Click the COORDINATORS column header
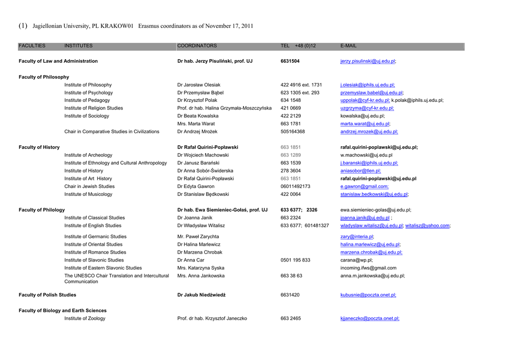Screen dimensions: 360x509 point(197,46)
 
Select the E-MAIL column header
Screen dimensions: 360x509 point(348,46)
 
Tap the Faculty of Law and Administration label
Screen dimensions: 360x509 point(58,61)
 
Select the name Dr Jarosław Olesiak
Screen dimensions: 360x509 point(199,85)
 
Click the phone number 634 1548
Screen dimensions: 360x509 point(290,100)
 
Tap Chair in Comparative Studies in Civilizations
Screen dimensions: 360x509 point(112,132)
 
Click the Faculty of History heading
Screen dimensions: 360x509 point(39,147)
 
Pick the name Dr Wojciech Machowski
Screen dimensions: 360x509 point(203,155)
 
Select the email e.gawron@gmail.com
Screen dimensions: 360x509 point(364,186)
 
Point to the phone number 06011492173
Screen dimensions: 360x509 point(295,186)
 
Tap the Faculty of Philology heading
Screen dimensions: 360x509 point(42,210)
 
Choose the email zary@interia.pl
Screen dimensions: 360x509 point(357,237)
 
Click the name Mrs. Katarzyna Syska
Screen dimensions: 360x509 point(201,268)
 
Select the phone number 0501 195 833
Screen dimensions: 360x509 point(295,260)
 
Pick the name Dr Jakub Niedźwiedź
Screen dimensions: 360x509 point(201,295)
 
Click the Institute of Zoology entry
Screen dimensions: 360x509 point(85,318)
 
